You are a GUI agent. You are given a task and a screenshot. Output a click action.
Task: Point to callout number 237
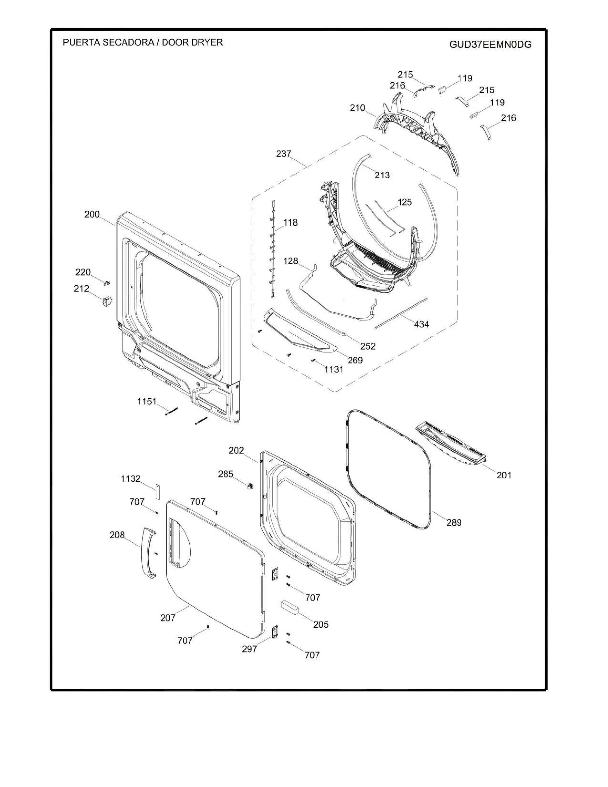[x=283, y=154]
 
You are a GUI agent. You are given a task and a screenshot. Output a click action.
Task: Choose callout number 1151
[x=147, y=401]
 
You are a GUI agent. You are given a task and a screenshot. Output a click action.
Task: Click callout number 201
[x=504, y=475]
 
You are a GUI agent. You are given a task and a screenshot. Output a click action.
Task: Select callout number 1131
[x=334, y=369]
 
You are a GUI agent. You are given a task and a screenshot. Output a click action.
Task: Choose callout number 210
[x=357, y=108]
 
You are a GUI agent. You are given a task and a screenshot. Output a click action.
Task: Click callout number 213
[x=382, y=175]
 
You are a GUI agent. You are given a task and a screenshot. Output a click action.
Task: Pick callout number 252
[x=368, y=346]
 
